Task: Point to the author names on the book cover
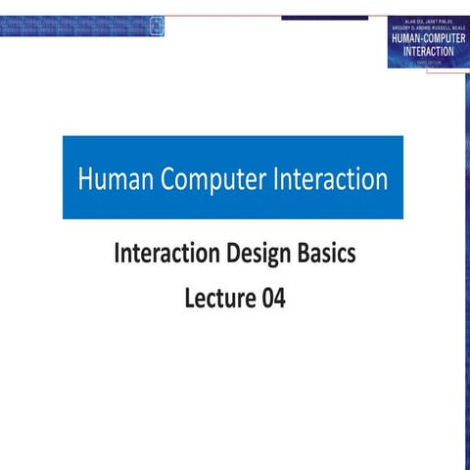[x=428, y=22]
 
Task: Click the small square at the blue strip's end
[x=158, y=26]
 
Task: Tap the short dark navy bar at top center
[x=324, y=18]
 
